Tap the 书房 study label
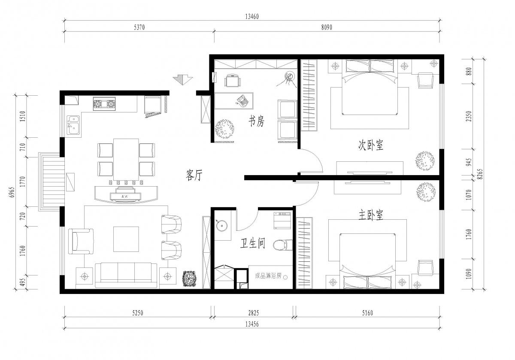[x=256, y=121]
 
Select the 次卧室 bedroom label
[x=371, y=145]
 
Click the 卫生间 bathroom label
[x=253, y=243]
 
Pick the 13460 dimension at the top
[x=252, y=17]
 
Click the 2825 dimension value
[x=254, y=313]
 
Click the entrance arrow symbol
[x=183, y=79]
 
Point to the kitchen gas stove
[x=104, y=104]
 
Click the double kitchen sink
[x=73, y=125]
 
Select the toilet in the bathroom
[x=282, y=245]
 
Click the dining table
[x=126, y=160]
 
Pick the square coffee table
[x=126, y=239]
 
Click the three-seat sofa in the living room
[x=126, y=275]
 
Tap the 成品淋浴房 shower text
[x=268, y=276]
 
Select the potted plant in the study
[x=224, y=129]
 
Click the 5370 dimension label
[x=139, y=27]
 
